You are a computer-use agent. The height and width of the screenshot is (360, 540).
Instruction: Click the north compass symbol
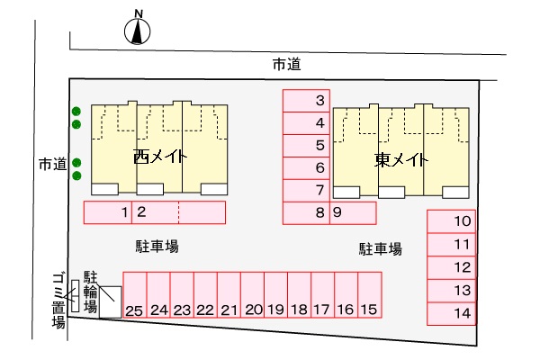(x=137, y=31)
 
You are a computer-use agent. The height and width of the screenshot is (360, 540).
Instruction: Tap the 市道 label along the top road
(x=286, y=65)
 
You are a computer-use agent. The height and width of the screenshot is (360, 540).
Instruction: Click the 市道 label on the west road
(x=52, y=164)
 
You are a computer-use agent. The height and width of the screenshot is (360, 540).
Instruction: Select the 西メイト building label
(x=160, y=157)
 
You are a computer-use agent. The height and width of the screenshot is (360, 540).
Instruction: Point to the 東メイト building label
(x=401, y=160)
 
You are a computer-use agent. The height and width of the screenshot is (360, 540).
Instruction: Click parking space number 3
(x=306, y=101)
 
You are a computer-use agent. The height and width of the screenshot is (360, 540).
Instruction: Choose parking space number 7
(x=306, y=191)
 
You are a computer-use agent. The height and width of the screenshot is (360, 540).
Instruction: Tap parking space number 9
(x=353, y=213)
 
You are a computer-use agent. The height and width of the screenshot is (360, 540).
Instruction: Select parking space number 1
(x=108, y=212)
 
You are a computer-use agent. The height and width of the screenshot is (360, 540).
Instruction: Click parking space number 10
(x=452, y=221)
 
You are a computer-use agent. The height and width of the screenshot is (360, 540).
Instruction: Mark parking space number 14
(x=452, y=314)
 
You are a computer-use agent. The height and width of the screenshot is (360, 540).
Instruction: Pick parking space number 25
(x=135, y=295)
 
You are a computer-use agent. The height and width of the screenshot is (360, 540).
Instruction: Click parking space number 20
(x=252, y=295)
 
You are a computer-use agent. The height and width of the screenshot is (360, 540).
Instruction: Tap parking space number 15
(x=370, y=295)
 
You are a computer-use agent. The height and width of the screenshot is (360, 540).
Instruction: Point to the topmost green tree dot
(x=76, y=112)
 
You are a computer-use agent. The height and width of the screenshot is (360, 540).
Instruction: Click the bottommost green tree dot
(x=76, y=175)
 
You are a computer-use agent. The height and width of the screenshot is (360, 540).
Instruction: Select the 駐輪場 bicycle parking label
(x=91, y=292)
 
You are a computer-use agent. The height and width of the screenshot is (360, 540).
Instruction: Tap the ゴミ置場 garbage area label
(x=58, y=301)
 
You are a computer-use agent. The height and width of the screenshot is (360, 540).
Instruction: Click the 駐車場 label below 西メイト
(x=157, y=247)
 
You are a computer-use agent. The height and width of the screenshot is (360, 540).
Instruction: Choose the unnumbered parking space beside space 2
(x=202, y=212)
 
